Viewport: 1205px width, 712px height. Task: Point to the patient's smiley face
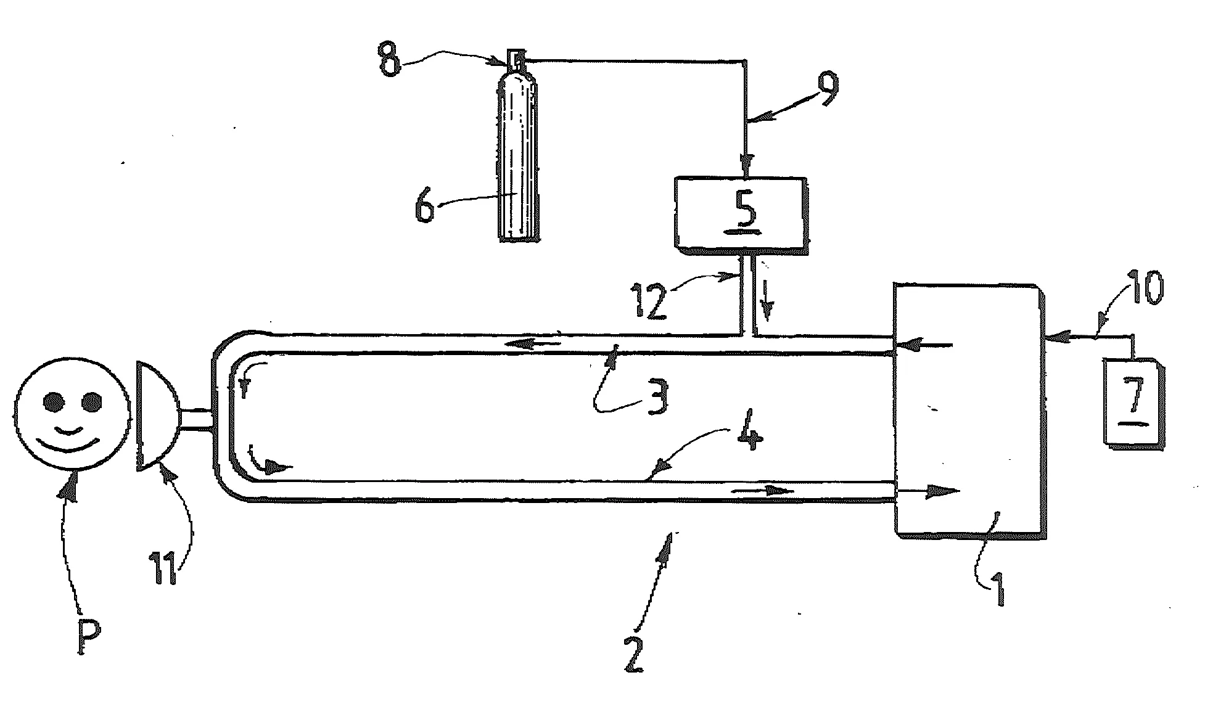(x=73, y=415)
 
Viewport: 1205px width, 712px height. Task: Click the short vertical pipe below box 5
(x=746, y=294)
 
